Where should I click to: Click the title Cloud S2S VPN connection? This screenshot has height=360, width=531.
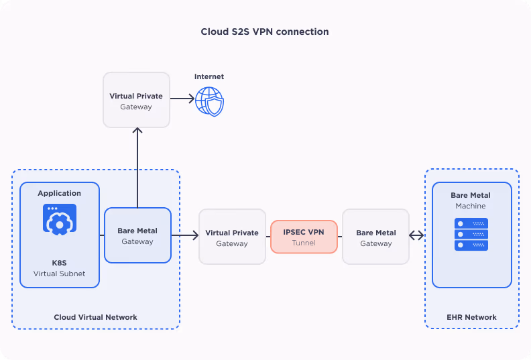[265, 32]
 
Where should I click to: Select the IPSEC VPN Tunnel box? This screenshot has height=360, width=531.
[304, 237]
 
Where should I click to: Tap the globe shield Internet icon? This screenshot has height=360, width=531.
[209, 101]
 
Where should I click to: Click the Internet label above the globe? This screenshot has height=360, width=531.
[209, 77]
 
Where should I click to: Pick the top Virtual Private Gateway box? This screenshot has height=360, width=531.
[136, 101]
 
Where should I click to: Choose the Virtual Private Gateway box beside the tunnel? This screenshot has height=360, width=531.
[232, 237]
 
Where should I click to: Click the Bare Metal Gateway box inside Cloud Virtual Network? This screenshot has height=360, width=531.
[137, 235]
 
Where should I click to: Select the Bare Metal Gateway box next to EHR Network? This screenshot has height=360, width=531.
[375, 237]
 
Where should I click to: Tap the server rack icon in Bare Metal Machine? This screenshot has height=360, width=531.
[471, 234]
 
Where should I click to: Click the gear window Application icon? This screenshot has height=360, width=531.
[60, 219]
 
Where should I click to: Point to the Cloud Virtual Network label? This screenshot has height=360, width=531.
[95, 317]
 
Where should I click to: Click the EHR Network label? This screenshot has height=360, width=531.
[471, 317]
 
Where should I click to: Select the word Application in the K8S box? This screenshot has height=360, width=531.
[60, 193]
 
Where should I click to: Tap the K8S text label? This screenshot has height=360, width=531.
[60, 263]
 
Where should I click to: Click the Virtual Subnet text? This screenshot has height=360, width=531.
[60, 274]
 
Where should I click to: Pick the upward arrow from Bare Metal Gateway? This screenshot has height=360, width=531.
[137, 168]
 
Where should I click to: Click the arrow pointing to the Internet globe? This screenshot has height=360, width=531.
[182, 99]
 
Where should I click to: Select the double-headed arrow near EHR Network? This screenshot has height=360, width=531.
[417, 235]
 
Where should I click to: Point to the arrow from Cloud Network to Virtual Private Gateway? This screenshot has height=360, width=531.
[186, 235]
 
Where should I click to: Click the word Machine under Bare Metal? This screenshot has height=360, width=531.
[471, 206]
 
